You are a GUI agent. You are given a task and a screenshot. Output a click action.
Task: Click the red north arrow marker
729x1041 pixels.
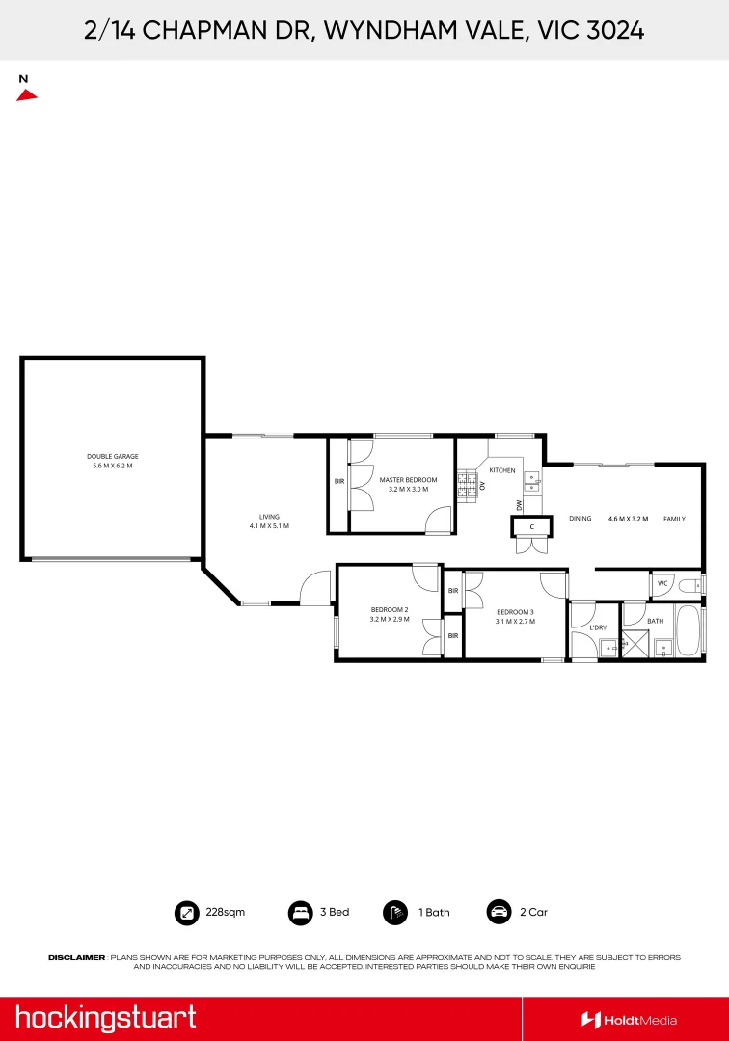[27, 93]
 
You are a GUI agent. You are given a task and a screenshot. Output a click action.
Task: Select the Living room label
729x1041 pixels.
[269, 520]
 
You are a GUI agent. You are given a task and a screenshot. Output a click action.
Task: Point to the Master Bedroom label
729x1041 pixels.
[408, 484]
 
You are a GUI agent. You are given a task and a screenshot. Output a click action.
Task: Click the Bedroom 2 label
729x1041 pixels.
[390, 614]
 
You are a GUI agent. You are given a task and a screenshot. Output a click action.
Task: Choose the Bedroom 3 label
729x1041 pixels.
[515, 617]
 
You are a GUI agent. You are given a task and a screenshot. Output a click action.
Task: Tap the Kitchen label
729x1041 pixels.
[502, 470]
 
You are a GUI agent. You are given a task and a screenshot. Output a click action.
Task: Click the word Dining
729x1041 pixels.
[580, 519]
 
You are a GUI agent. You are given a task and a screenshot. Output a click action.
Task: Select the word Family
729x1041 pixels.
[674, 519]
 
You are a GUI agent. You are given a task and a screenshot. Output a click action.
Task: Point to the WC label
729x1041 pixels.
[662, 583]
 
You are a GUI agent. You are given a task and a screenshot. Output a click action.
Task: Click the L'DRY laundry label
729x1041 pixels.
[597, 628]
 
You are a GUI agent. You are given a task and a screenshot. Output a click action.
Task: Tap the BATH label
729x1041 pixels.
[655, 622]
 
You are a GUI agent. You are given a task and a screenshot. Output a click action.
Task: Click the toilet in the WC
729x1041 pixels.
[691, 584]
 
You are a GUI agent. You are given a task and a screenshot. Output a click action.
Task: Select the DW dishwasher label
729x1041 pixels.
[519, 505]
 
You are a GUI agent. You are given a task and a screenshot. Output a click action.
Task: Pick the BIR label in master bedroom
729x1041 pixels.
[339, 481]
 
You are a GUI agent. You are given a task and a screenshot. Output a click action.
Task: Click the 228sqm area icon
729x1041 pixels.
[185, 912]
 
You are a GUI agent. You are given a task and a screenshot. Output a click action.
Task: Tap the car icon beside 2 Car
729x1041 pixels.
[499, 912]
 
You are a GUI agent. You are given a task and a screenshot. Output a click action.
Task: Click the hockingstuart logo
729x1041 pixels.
[106, 1018]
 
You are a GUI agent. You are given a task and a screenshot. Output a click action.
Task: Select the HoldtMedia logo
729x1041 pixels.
[629, 1020]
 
